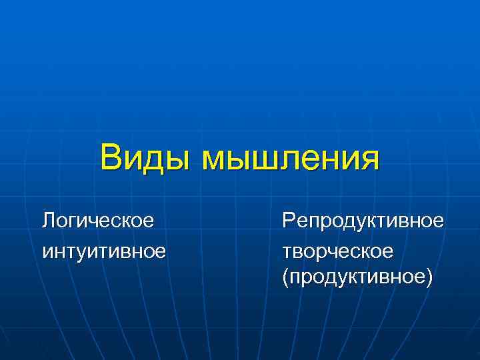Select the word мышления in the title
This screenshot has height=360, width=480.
click(x=291, y=159)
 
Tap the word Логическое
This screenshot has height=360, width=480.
click(x=97, y=219)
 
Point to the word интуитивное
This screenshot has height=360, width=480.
click(x=103, y=251)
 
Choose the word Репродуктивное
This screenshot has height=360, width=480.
click(x=362, y=219)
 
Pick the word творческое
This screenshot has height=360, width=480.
click(x=337, y=251)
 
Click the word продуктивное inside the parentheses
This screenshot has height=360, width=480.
click(x=357, y=275)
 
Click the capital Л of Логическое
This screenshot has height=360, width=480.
click(x=48, y=219)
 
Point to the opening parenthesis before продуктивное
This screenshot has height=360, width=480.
click(x=285, y=275)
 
